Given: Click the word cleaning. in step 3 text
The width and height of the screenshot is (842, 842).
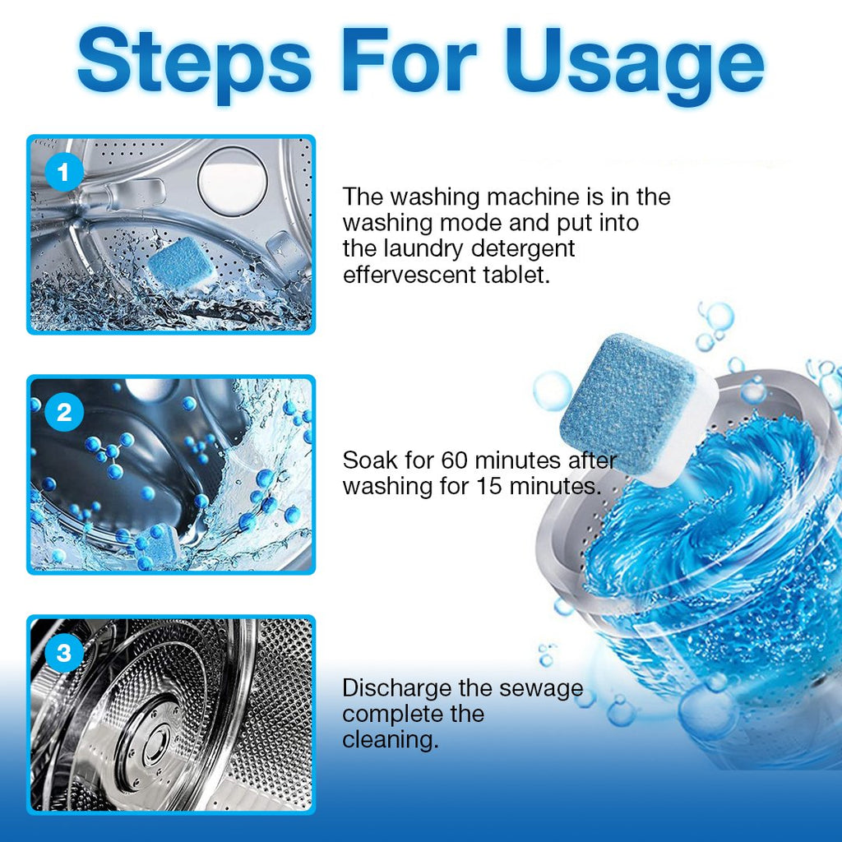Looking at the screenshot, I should click(x=390, y=738).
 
